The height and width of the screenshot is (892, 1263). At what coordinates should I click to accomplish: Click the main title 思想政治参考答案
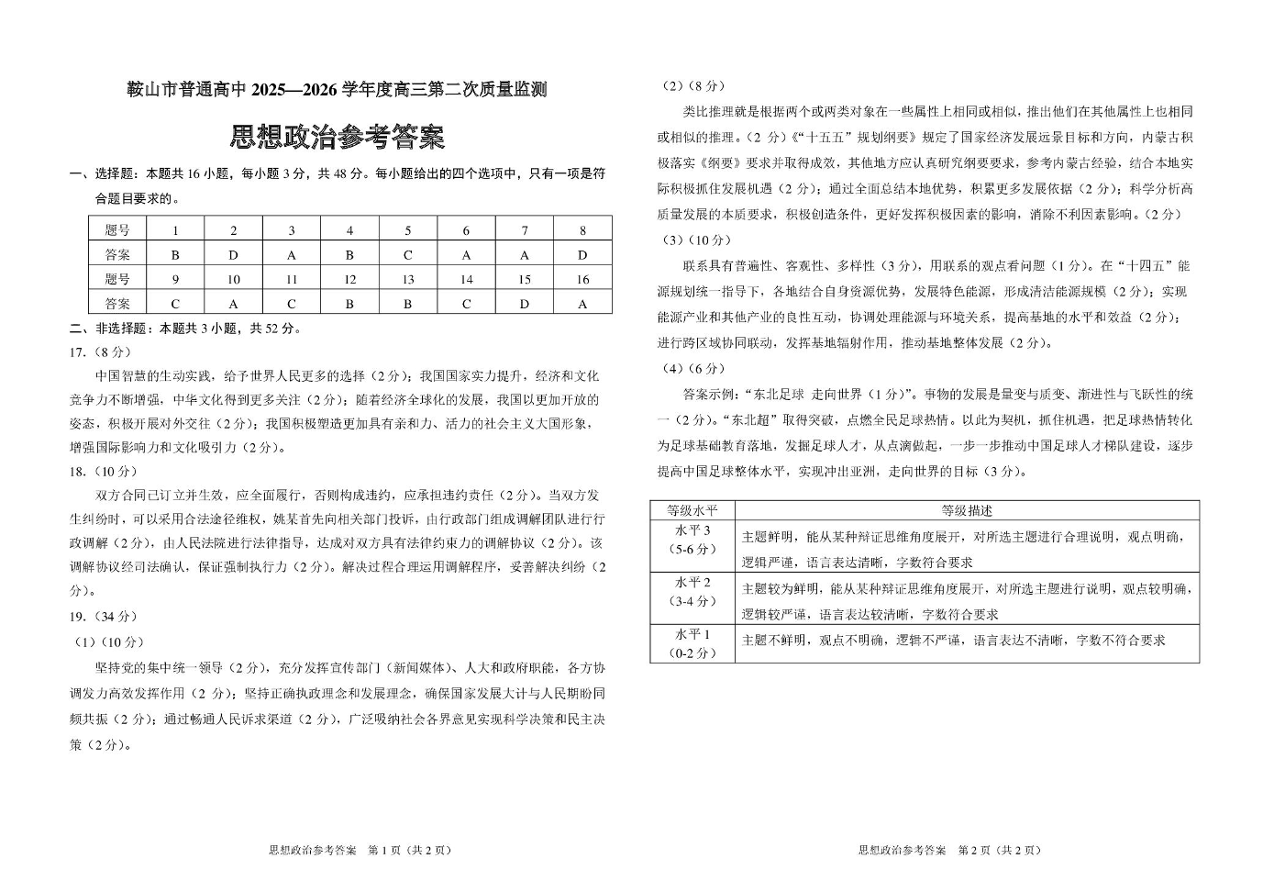pos(338,137)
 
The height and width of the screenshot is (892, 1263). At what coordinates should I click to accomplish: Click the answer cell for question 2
pos(233,255)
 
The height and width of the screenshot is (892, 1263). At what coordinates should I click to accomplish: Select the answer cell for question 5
pos(408,255)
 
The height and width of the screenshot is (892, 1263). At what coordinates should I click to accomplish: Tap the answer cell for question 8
pos(582,255)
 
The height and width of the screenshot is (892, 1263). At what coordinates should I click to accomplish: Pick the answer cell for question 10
pos(233,304)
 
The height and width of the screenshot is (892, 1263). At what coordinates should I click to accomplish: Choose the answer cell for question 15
pos(525,304)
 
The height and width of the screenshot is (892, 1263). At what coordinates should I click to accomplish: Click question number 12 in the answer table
pos(349,280)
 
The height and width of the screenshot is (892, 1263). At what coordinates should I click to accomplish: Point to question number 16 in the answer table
pos(582,280)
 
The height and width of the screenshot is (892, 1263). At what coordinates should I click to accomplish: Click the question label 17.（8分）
pos(101,351)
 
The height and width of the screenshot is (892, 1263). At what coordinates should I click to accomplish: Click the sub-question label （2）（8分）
pos(694,86)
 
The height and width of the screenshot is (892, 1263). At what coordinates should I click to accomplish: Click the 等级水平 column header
pos(692,511)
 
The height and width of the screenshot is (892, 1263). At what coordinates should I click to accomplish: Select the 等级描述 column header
pos(967,511)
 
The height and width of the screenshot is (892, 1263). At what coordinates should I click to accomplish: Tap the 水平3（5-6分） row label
pos(692,540)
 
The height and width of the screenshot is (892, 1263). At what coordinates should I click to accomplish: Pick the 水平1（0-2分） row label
pos(692,644)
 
